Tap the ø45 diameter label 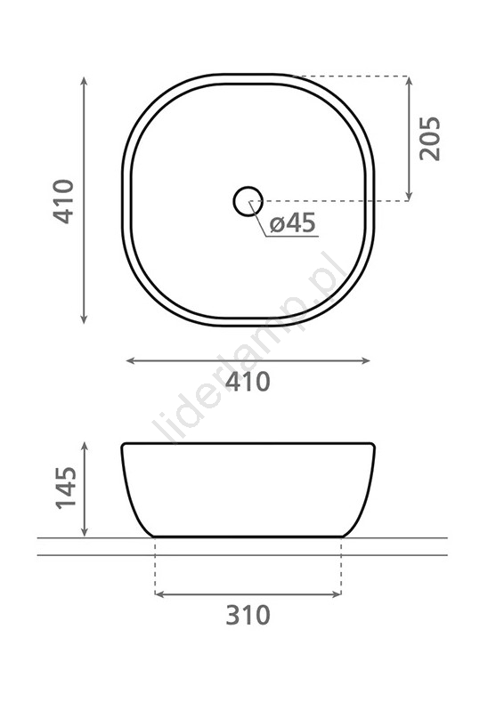293,222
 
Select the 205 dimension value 429,138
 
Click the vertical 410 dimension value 63,201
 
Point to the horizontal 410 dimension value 248,382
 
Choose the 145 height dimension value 66,488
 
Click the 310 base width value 248,615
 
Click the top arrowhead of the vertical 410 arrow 84,81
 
